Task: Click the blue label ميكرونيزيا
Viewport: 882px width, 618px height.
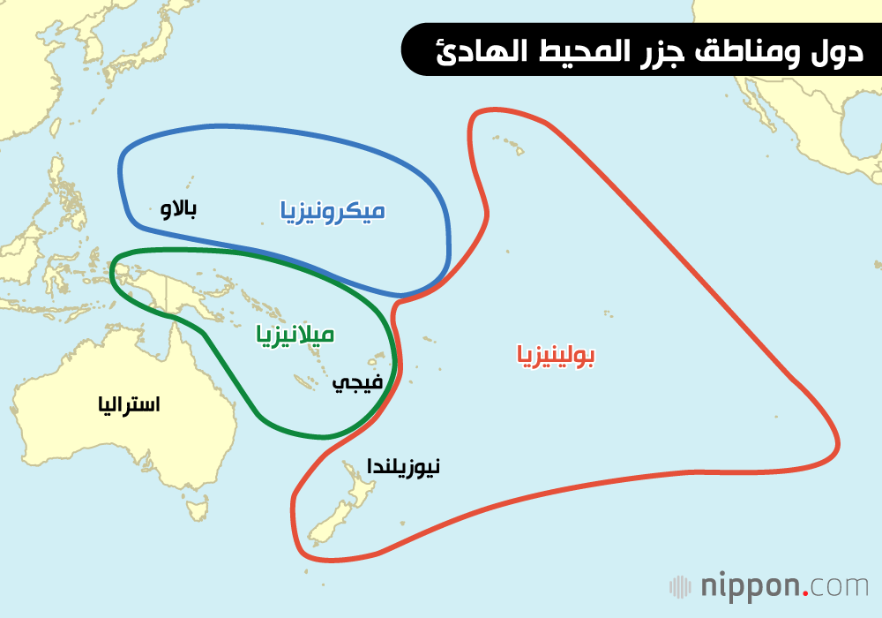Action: [x=333, y=211]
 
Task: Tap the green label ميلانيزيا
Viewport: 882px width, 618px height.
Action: [x=295, y=335]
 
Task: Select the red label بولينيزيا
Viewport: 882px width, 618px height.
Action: [x=556, y=356]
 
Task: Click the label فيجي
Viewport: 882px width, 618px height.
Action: [x=357, y=382]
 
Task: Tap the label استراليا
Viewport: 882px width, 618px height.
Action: [x=130, y=405]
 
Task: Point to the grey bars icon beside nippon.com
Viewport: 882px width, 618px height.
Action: [x=680, y=586]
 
